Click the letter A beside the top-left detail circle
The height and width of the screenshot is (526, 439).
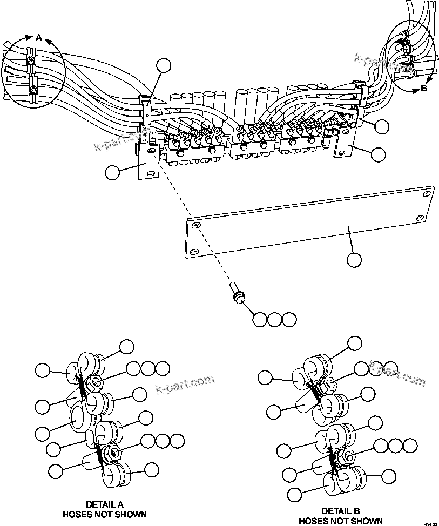[38, 37]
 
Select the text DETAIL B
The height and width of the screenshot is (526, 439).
[340, 511]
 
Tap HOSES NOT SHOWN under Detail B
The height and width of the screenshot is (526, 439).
[340, 521]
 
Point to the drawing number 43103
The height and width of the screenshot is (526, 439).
[430, 523]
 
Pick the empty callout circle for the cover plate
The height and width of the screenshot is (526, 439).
[354, 260]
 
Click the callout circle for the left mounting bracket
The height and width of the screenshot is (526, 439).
[112, 172]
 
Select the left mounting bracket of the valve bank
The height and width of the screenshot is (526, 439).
[147, 165]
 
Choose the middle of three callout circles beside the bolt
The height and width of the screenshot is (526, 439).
[275, 319]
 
